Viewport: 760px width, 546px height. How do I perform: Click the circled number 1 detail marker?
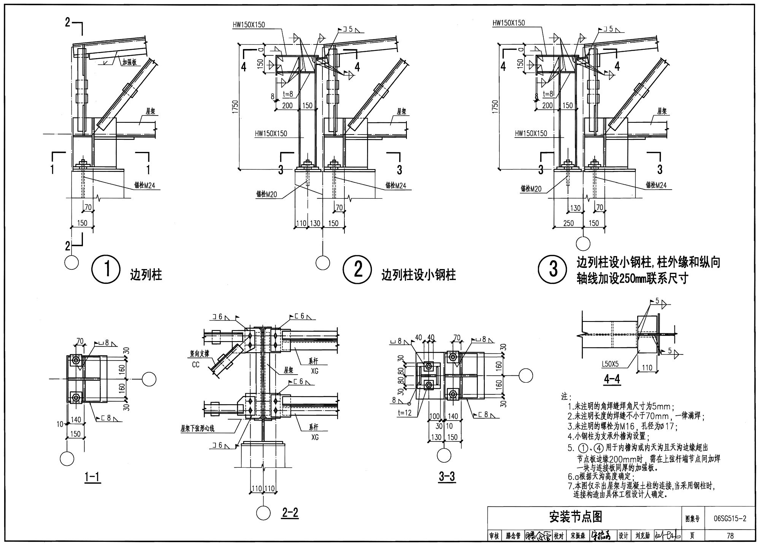(x=106, y=270)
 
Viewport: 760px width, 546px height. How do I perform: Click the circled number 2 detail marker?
(x=357, y=270)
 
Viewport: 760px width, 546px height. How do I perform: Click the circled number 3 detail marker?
(x=553, y=270)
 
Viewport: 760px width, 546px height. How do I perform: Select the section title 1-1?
(x=92, y=477)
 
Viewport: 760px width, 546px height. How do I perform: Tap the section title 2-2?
(x=290, y=513)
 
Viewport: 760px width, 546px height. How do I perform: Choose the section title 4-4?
(x=612, y=379)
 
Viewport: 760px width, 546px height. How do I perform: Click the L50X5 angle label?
(x=610, y=364)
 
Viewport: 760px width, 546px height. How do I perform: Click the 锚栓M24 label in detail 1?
(x=144, y=185)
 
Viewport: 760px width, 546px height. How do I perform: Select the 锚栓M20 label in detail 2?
(x=266, y=195)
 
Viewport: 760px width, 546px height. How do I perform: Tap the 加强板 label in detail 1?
(x=129, y=62)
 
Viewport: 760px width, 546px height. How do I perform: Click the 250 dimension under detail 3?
(x=568, y=223)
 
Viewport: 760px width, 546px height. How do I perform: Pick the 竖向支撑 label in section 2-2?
(x=200, y=354)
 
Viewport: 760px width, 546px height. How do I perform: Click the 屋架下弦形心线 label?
(x=197, y=429)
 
